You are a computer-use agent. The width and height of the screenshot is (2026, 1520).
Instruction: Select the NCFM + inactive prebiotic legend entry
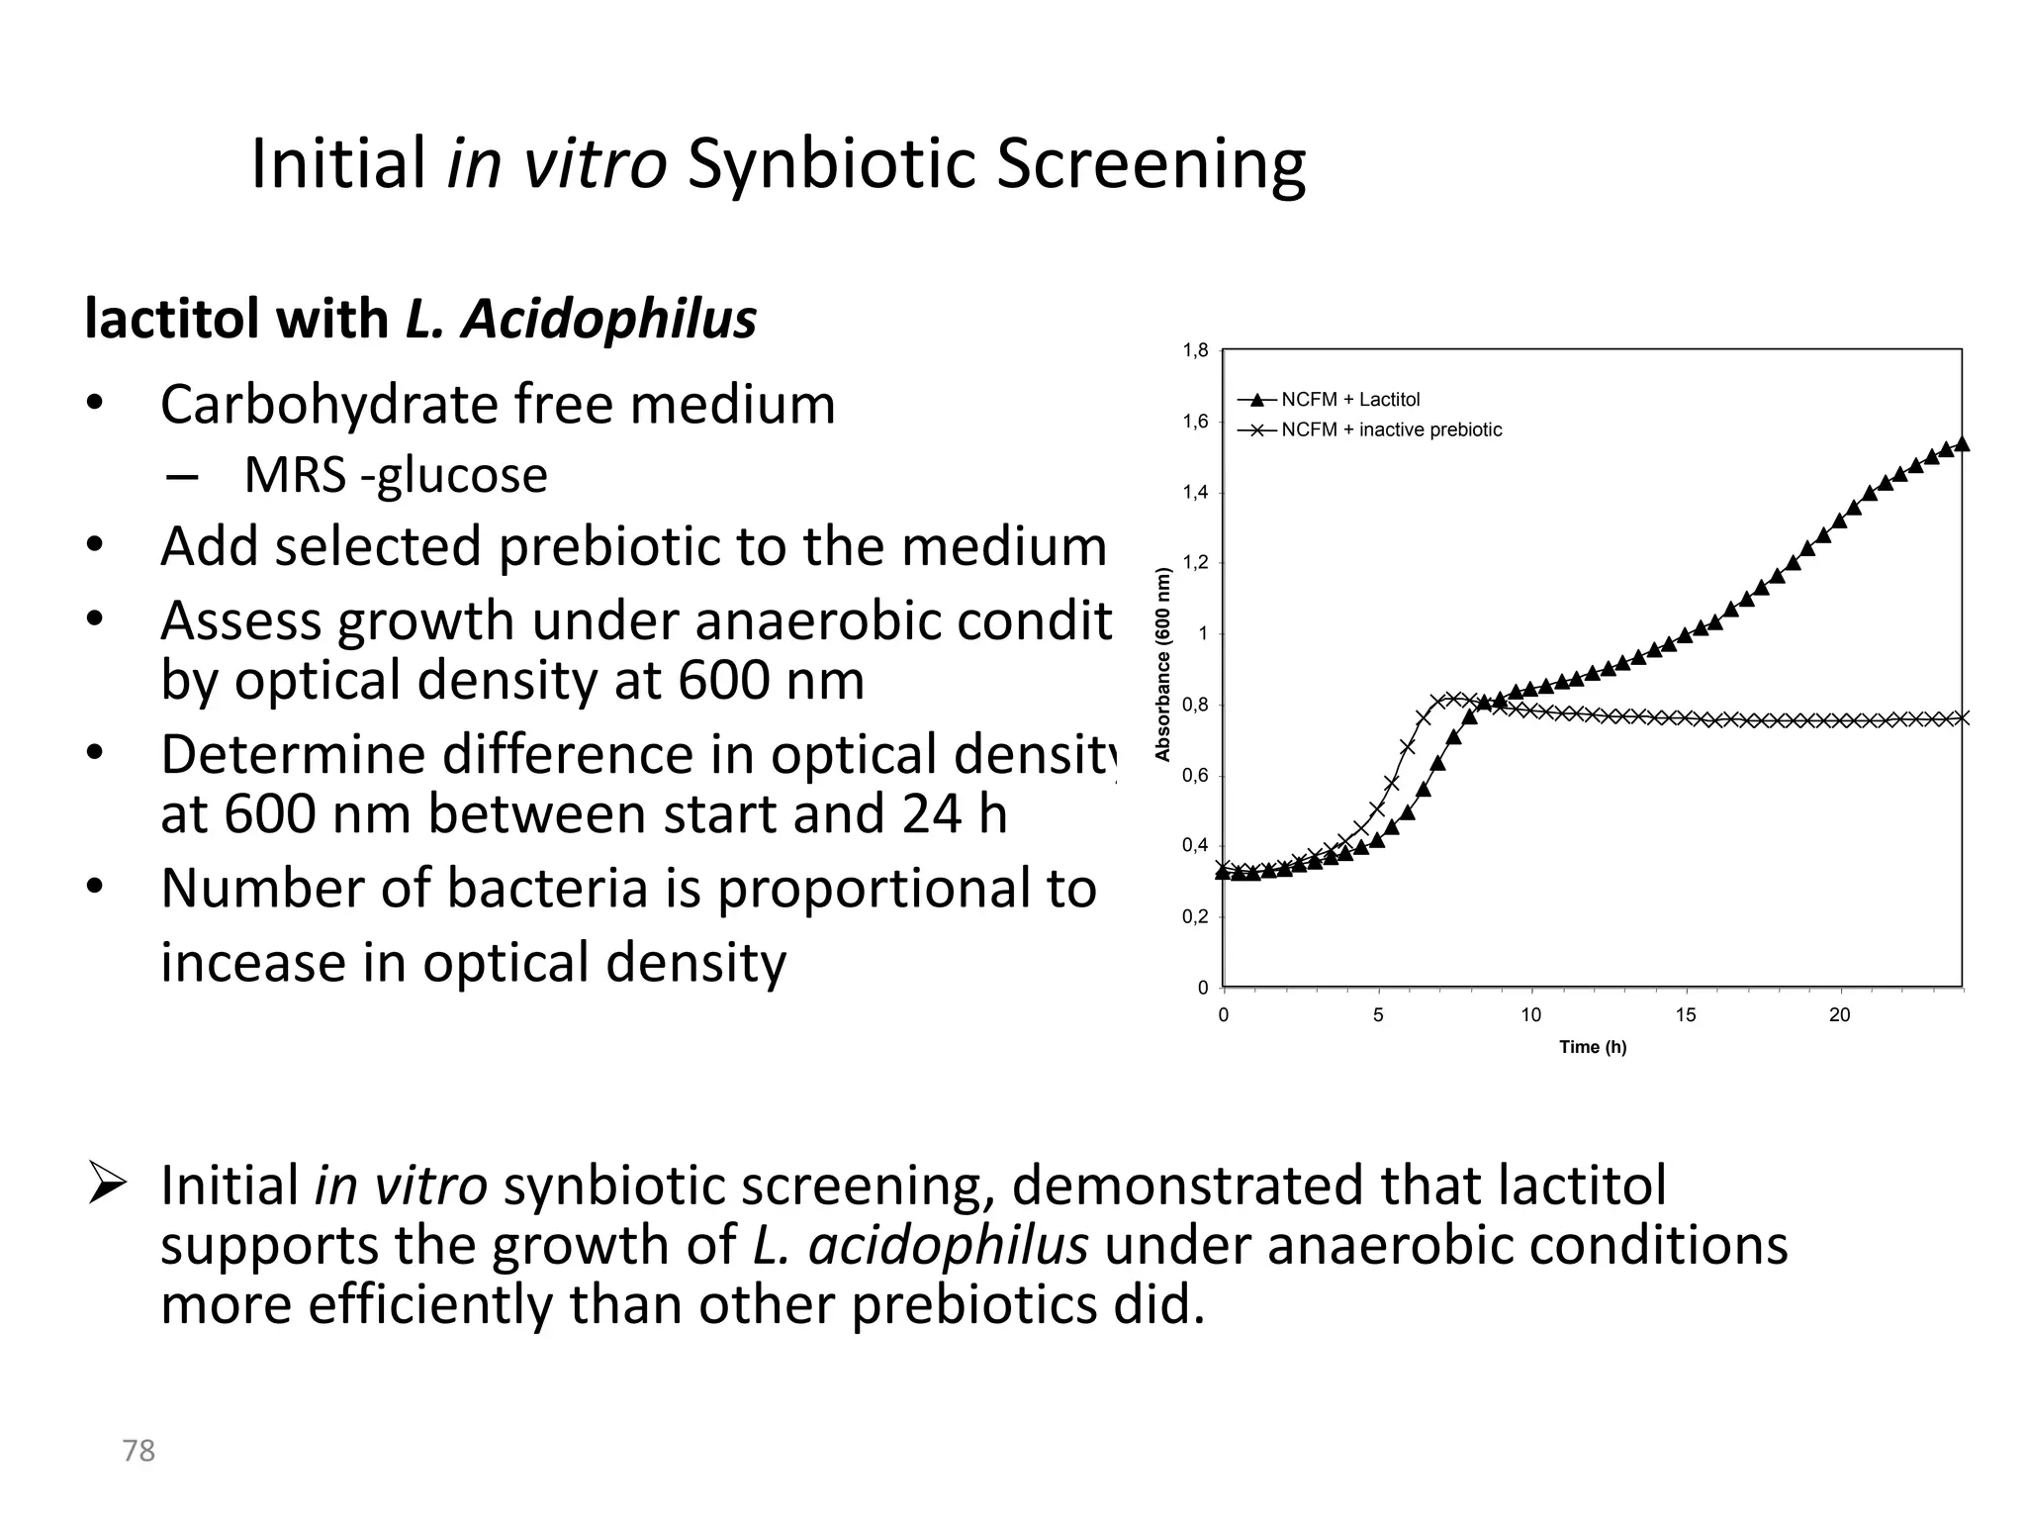[1391, 430]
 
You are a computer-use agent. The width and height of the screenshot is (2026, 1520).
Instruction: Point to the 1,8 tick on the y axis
[1195, 350]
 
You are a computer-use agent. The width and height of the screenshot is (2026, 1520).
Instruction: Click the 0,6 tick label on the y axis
[1195, 776]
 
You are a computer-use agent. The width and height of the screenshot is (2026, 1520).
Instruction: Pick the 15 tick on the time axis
[1686, 1015]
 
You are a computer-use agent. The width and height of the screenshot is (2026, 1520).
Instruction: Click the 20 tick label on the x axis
[1839, 1015]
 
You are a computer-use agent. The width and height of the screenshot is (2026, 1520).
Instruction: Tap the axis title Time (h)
[1593, 1047]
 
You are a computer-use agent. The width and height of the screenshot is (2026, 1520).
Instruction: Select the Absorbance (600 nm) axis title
[1163, 664]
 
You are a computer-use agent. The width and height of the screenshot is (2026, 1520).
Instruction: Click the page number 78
[138, 1451]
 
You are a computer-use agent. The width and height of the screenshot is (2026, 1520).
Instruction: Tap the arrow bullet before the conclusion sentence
[106, 1183]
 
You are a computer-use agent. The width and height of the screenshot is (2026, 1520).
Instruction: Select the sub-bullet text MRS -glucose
[395, 476]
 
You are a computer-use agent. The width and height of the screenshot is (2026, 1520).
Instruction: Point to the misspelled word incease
[252, 963]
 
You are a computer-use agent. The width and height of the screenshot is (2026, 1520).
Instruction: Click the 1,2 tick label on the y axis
[1195, 563]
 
